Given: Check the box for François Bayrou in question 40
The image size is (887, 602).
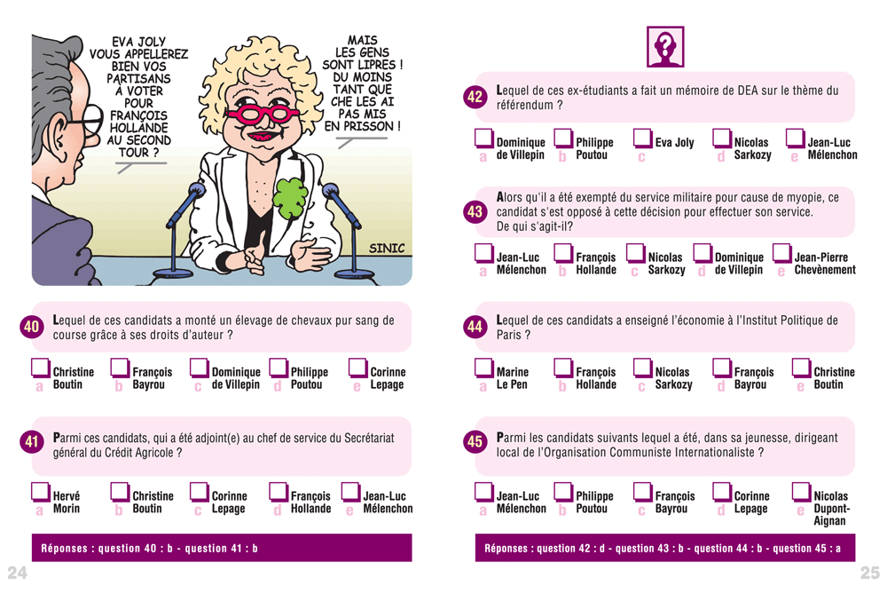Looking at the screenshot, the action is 120,368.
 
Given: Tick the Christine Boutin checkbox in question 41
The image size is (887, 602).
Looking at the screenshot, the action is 120,492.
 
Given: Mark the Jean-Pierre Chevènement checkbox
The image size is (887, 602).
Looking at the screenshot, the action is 781,253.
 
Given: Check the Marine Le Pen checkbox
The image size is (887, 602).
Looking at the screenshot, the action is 483,368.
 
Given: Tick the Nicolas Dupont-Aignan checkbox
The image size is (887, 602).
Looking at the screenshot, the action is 801,492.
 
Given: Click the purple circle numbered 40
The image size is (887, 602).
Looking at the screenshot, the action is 32,326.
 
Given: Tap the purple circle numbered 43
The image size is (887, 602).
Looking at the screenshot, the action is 475,212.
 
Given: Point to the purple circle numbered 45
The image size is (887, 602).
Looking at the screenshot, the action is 475,441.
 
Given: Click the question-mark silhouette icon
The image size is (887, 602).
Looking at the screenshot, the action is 665,46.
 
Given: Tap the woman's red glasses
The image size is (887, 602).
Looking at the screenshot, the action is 261,113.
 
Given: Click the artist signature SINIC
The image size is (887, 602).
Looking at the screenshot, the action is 387,248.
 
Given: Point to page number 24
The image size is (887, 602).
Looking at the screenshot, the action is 17,573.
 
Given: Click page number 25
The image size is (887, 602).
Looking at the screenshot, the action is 870,573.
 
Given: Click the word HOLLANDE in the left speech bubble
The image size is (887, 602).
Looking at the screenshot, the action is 138,128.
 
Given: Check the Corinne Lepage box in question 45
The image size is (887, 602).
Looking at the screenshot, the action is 722,492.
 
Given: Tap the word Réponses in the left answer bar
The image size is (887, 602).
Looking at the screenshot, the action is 64,548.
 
